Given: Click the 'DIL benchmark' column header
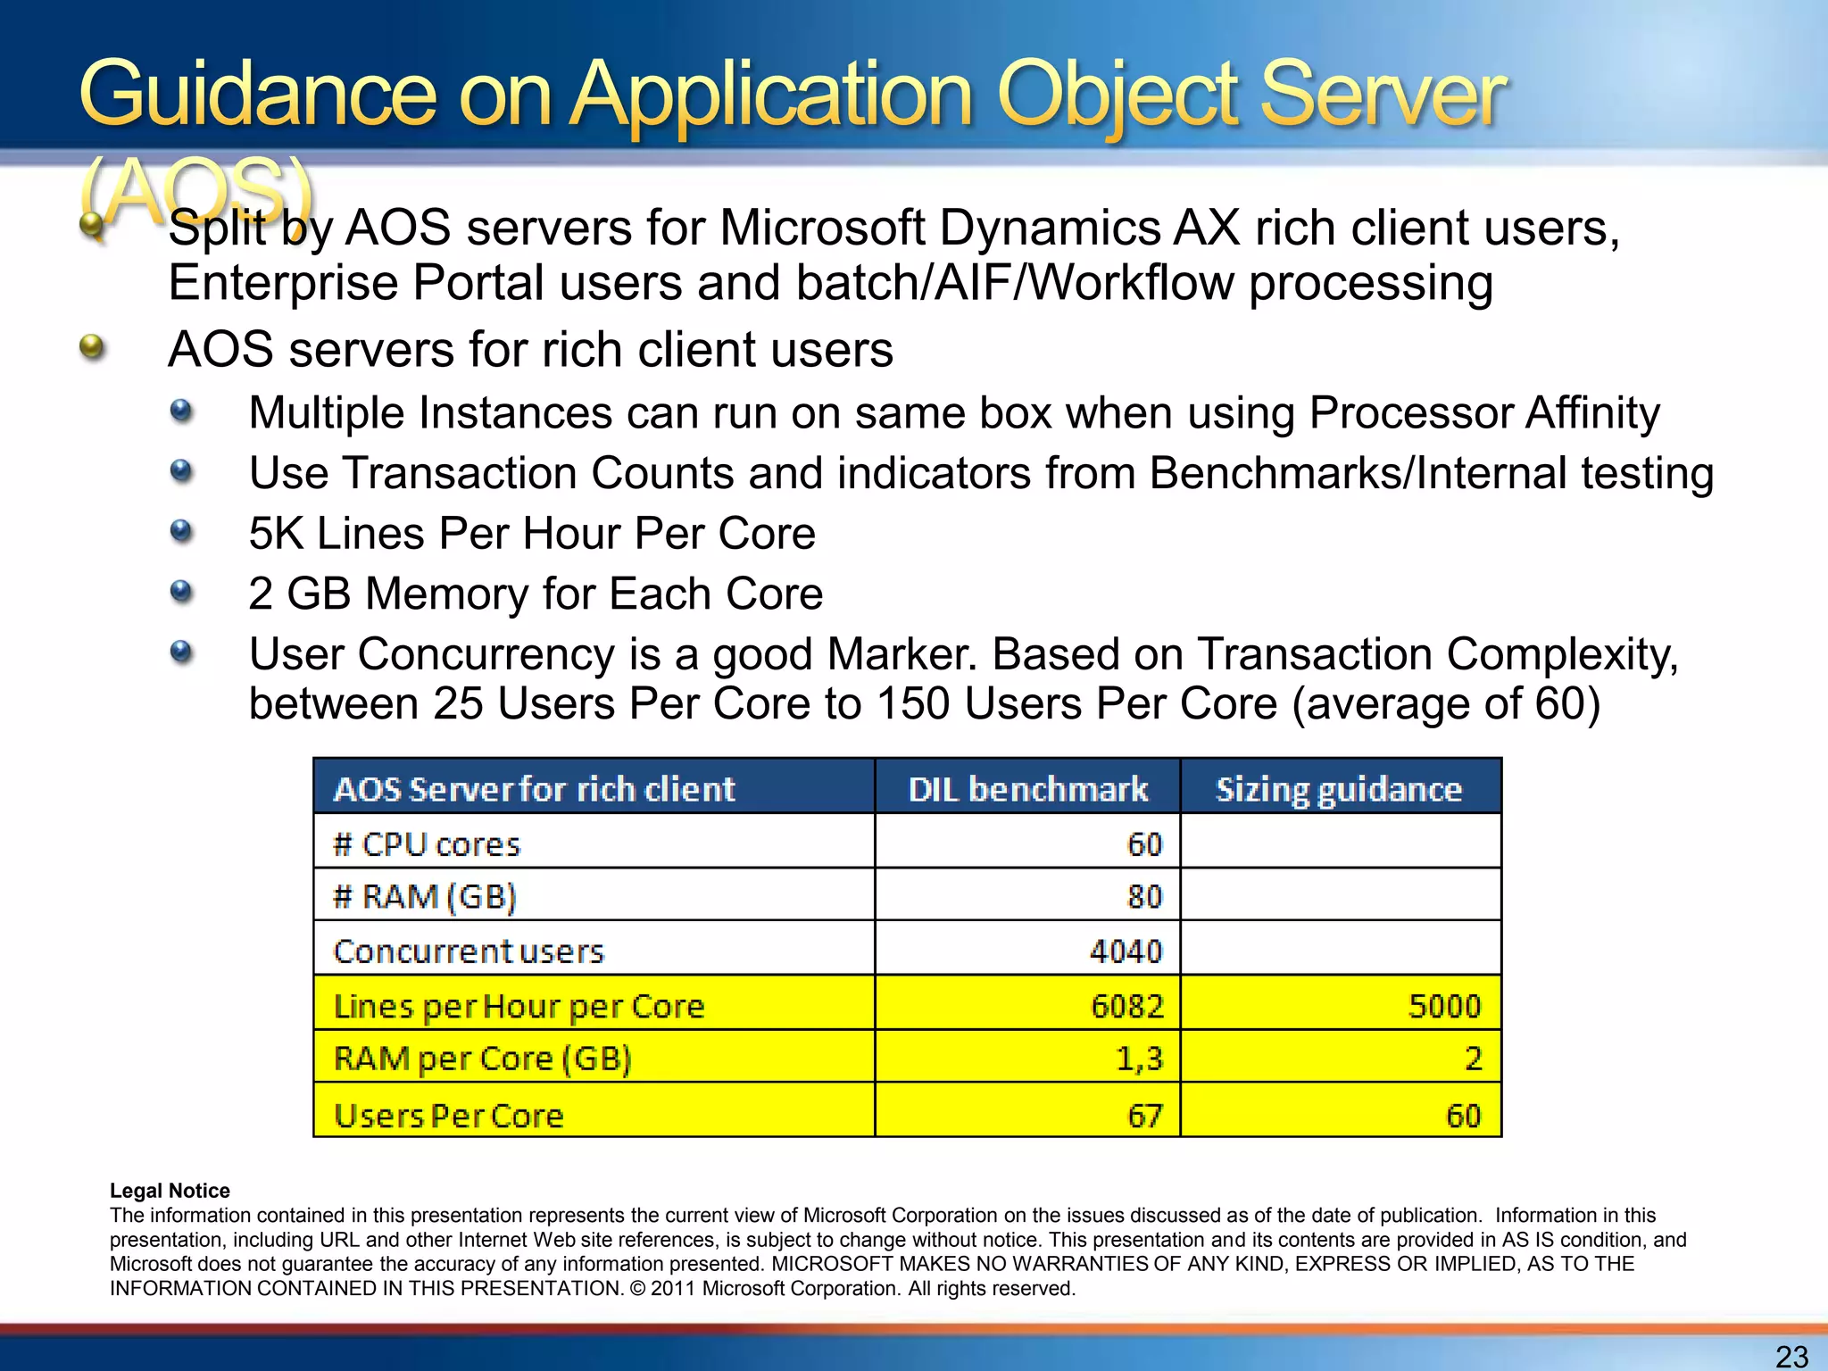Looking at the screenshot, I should tap(1027, 789).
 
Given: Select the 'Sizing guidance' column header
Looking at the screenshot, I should tap(1339, 789).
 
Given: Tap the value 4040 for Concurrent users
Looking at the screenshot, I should tap(1126, 951).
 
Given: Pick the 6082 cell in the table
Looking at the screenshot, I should tap(1127, 1007).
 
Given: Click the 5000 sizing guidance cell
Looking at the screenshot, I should tap(1444, 1007).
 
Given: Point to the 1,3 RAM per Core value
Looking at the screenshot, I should tap(1139, 1059).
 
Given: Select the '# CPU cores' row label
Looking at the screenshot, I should tap(427, 844).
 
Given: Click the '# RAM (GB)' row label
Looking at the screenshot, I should tap(425, 896).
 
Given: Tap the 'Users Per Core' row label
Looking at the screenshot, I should tap(449, 1116).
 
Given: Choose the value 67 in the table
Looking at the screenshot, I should tap(1144, 1116).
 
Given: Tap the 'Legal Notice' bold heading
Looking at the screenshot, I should tap(170, 1191).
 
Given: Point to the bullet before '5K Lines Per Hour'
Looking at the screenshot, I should tap(181, 532).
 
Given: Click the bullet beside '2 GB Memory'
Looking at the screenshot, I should tap(181, 591).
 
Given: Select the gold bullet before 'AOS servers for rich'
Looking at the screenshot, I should tap(92, 346).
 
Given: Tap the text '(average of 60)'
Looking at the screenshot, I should tap(1446, 703).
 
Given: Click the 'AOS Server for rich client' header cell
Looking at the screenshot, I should tap(534, 789).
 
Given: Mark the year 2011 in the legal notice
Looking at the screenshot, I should tap(674, 1289).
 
